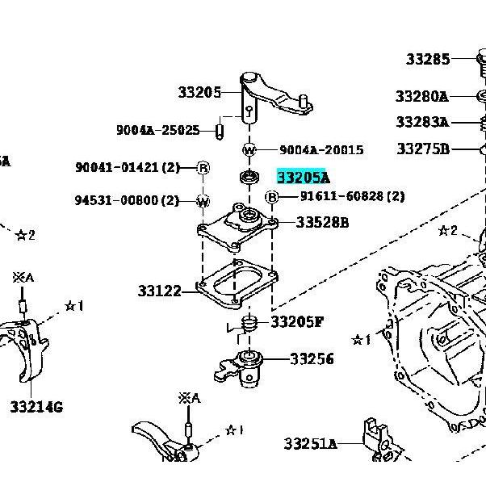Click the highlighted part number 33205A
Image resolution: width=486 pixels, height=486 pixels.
coord(303,178)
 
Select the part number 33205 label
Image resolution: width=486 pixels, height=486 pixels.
coord(199,92)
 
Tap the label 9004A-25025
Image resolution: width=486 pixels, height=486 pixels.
coord(158,130)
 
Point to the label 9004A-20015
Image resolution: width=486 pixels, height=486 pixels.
coord(321,150)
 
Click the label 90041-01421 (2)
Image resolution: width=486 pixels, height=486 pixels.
coord(128,167)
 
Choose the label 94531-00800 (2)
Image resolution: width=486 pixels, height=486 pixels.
coord(127,200)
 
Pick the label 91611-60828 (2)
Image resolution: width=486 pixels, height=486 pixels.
coord(353,196)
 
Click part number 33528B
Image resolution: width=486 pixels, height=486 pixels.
coord(322,222)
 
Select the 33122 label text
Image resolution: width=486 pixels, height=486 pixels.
coord(159,291)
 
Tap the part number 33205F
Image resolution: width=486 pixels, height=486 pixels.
coord(297,322)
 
